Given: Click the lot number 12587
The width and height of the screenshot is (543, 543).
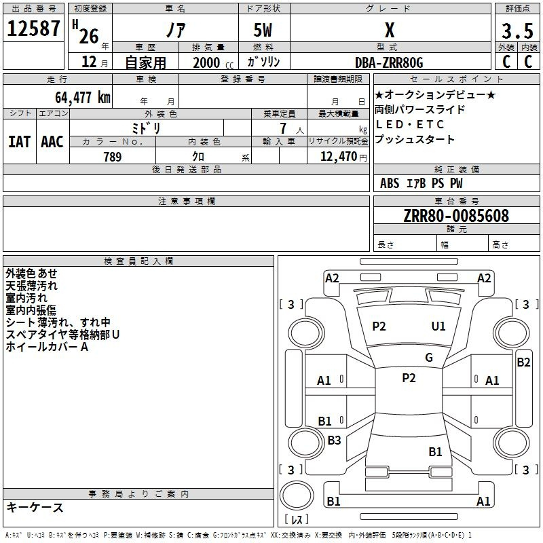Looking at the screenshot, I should click(x=33, y=30).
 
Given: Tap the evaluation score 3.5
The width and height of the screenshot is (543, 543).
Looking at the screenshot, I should click(x=517, y=31).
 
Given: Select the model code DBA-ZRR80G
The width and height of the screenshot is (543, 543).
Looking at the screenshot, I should click(x=389, y=62).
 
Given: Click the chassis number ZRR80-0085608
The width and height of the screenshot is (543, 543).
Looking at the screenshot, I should click(x=456, y=216).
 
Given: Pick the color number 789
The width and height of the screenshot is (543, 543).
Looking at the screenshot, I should click(x=112, y=157).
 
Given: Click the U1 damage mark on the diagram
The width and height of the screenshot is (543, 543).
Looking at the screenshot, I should click(x=438, y=326).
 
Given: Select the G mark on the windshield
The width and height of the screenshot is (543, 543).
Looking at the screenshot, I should click(x=429, y=358).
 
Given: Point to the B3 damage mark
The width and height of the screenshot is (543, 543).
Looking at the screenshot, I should click(x=334, y=441).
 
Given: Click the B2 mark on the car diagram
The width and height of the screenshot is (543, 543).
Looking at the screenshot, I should click(x=523, y=362).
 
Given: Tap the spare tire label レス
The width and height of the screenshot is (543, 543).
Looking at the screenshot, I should click(x=297, y=520).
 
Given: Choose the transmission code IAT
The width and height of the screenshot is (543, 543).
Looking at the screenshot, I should click(x=20, y=142).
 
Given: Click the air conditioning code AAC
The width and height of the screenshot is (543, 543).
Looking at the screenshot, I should click(x=52, y=142).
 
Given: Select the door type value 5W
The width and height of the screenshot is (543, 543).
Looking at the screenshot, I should click(x=265, y=31).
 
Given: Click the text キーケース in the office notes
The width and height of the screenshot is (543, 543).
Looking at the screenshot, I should click(x=35, y=508).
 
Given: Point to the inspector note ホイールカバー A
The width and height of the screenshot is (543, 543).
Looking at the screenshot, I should click(x=48, y=347).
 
